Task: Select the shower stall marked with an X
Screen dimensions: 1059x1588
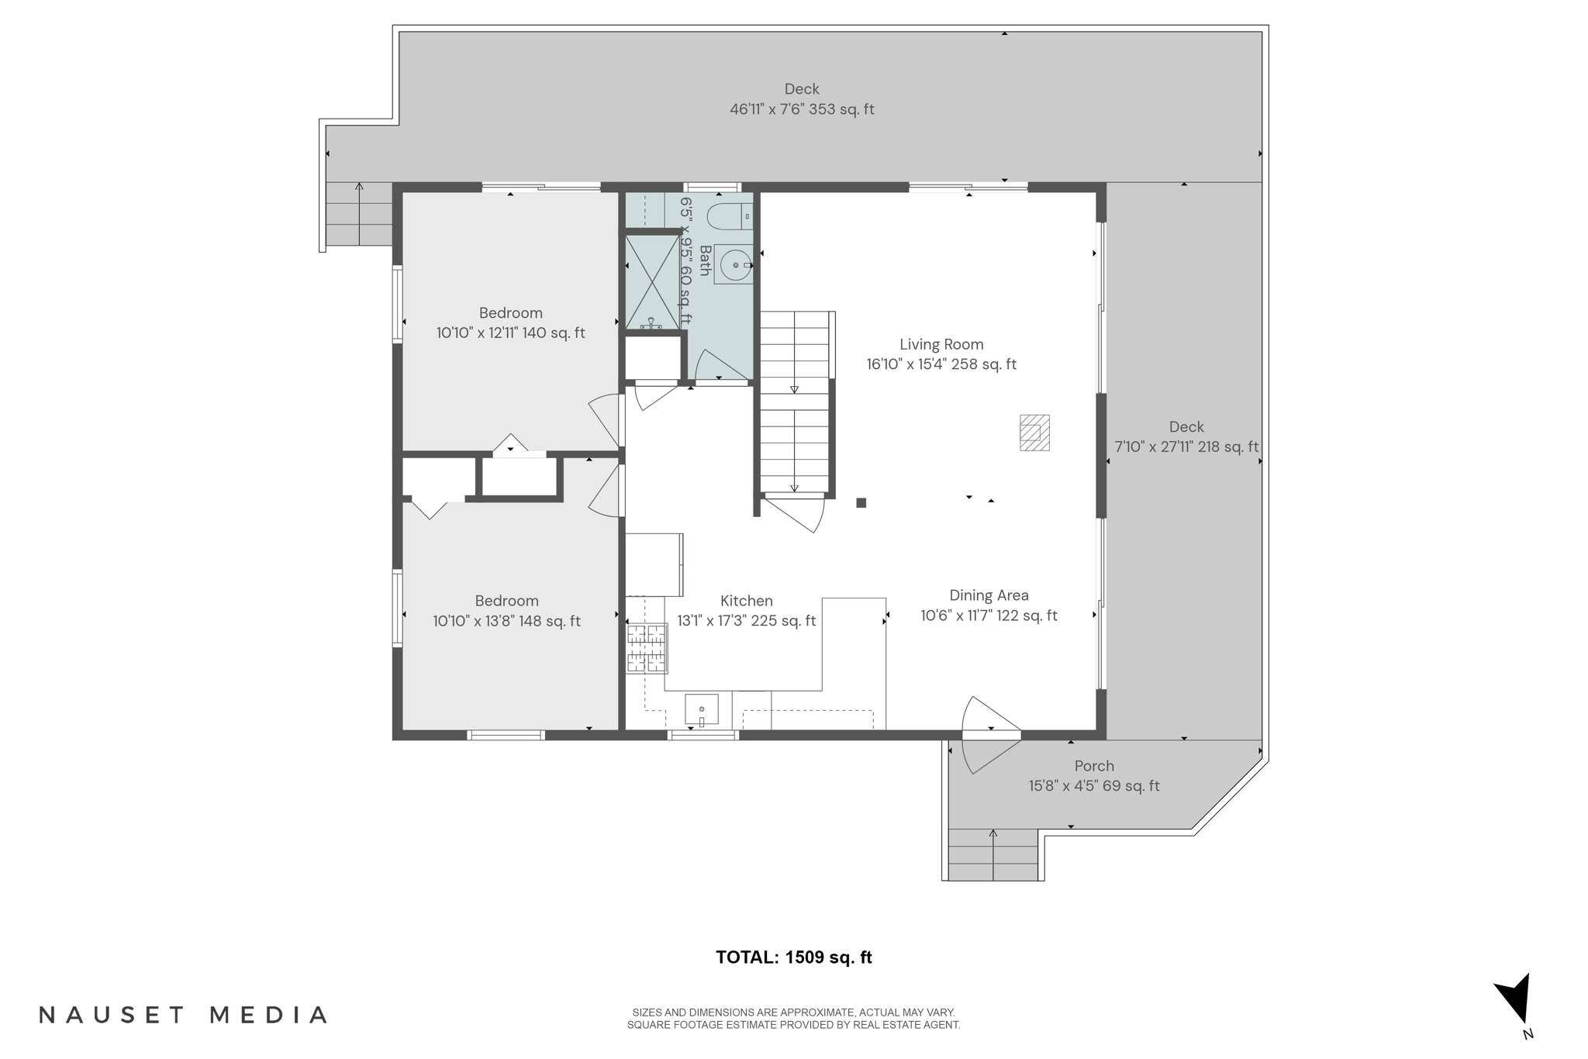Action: pos(652,283)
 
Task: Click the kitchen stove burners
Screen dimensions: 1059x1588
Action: pos(647,648)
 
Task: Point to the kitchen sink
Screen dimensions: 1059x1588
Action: pos(701,709)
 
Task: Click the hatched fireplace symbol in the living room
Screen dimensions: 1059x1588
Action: pos(1034,433)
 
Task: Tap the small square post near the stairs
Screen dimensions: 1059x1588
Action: pos(861,503)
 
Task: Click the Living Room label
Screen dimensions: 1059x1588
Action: pos(941,344)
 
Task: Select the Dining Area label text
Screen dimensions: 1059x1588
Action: pos(989,595)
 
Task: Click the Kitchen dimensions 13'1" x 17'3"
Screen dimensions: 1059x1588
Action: pos(746,621)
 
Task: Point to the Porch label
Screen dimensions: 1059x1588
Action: pos(1094,766)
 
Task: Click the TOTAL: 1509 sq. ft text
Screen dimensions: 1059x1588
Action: pos(793,957)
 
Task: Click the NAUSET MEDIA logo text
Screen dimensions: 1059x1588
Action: pos(184,1015)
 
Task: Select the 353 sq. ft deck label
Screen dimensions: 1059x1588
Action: pos(802,109)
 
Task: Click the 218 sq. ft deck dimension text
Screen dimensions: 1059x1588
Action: pos(1186,447)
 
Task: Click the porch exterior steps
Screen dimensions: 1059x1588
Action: pos(992,855)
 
